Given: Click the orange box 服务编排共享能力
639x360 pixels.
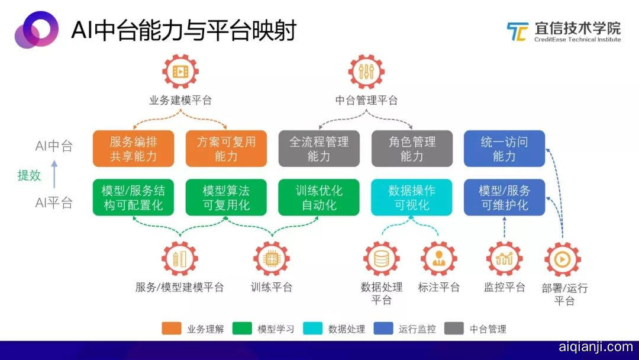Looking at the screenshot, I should [x=133, y=149].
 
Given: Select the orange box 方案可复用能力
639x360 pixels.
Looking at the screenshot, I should [x=226, y=149].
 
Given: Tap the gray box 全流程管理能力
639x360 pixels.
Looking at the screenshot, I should [x=319, y=149].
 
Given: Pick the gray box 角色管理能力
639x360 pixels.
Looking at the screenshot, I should [x=412, y=149].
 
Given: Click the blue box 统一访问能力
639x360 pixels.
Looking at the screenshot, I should [x=504, y=149].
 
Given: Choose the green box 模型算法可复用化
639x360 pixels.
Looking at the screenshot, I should [x=226, y=197].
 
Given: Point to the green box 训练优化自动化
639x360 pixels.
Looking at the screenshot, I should [x=319, y=197].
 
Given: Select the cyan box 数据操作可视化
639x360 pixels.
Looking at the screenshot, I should [x=412, y=197].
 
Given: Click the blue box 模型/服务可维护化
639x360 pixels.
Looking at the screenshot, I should [x=504, y=197].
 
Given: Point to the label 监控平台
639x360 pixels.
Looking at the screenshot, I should [x=504, y=288].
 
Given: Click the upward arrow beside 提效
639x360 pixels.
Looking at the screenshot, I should [x=54, y=168].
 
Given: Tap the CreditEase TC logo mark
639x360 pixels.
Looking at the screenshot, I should [x=517, y=31].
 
